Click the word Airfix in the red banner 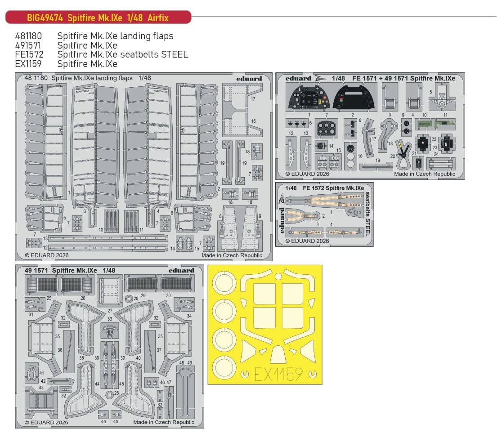click(157, 18)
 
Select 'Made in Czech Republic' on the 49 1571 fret click(164, 422)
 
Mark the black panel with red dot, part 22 click(422, 143)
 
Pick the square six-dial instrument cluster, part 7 click(327, 128)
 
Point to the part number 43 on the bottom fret click(41, 388)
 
